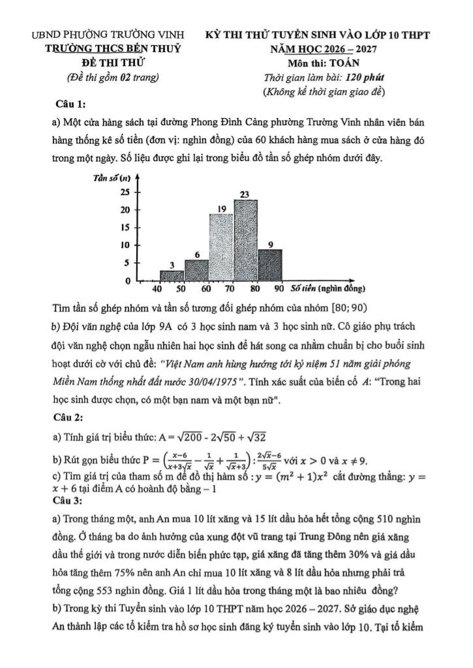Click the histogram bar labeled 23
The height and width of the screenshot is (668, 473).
tap(245, 240)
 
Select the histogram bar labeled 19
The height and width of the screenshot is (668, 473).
tap(221, 247)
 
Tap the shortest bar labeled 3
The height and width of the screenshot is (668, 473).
tap(172, 276)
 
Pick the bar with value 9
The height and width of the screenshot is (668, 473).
tap(269, 265)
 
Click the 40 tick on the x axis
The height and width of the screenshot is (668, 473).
tap(157, 288)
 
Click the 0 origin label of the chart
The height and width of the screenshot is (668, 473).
tap(128, 281)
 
